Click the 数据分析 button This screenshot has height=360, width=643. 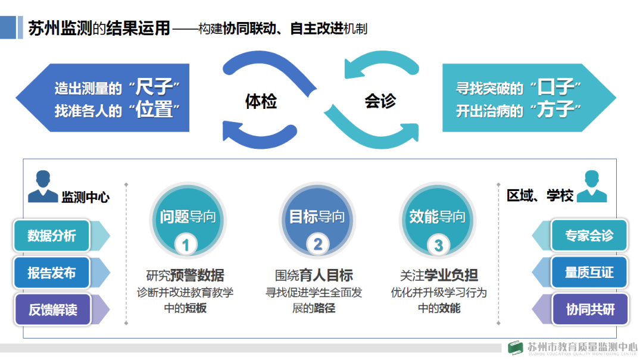pos(52,236)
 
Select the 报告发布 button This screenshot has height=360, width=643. pos(52,273)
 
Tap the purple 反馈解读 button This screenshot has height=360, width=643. pos(52,309)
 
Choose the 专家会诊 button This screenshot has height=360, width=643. pos(589,236)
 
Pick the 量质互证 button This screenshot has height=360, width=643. pos(589,273)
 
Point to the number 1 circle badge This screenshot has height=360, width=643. pos(186,245)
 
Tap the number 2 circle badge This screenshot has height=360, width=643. pos(317,244)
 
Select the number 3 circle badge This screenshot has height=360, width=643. pos(439,245)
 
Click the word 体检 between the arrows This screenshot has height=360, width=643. pos(261,102)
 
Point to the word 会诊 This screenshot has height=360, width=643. pos(379,102)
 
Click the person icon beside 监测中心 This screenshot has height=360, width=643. pos(43,187)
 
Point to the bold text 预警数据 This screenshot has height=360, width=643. pos(197,275)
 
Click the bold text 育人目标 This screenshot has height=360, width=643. pos(331,275)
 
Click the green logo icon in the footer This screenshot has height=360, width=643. pos(516,348)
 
